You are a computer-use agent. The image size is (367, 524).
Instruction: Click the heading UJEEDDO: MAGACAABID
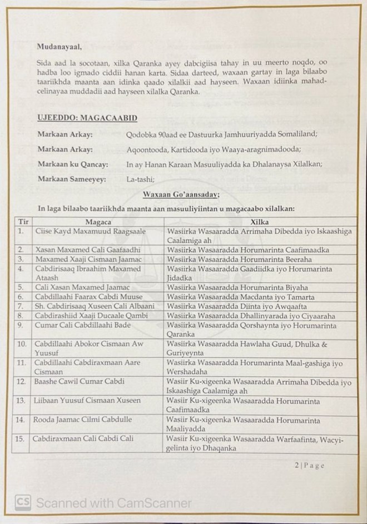click(x=87, y=118)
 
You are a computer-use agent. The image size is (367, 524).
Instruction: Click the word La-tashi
click(x=140, y=179)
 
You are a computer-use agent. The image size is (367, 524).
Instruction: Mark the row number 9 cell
click(x=21, y=325)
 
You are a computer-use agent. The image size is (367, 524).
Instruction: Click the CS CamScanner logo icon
click(x=22, y=502)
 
